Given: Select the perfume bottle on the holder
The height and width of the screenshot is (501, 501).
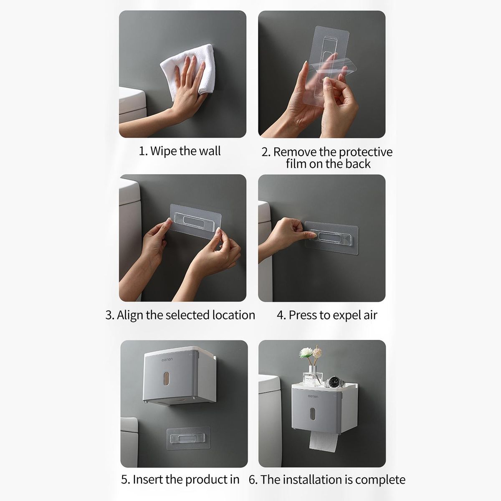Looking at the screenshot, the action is click(x=313, y=376).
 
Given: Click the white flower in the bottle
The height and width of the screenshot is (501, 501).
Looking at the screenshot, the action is click(x=306, y=353).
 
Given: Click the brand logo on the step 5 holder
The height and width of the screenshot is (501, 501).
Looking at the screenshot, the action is click(x=167, y=359).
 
